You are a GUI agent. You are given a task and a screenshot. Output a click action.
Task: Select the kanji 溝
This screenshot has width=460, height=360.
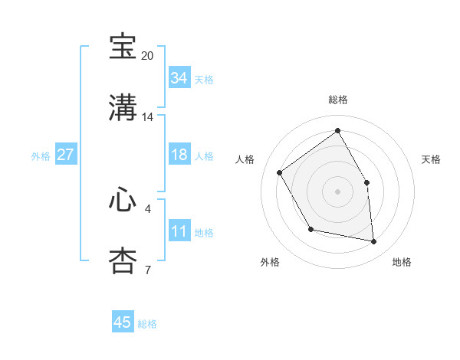coord(123,108)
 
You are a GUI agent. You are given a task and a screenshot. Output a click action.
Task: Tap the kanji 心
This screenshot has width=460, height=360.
coord(123,199)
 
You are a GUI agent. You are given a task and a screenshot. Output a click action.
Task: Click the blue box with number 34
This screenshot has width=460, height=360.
coord(179,78)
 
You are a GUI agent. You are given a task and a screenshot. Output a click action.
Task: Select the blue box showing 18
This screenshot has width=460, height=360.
coord(179,155)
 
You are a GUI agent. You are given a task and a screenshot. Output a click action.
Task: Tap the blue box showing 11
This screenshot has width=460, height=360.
coord(179,231)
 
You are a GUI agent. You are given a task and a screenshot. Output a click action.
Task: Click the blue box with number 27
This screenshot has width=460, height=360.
coord(66,155)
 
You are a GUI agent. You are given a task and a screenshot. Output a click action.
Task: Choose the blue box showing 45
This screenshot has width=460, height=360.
coord(123,322)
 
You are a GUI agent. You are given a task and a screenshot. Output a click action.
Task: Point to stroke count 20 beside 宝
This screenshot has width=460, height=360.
coord(148,56)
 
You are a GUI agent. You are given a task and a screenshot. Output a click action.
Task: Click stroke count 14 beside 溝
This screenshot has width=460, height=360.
coord(148,117)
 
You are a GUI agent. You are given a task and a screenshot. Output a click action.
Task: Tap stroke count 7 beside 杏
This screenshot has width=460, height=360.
coord(148,270)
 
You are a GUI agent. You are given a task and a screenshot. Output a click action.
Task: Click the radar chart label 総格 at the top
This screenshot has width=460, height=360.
coord(338,100)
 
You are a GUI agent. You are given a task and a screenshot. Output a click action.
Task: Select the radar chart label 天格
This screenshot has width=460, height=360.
coord(431,159)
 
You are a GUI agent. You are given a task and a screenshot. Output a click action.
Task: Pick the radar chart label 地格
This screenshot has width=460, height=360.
coord(402,262)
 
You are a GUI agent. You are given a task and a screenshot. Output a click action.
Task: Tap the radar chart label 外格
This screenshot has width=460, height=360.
coord(270,262)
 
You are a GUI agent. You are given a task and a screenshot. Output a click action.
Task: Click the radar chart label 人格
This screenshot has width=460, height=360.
coord(245,159)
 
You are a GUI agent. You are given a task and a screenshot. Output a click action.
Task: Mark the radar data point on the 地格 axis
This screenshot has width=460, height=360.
coord(374,242)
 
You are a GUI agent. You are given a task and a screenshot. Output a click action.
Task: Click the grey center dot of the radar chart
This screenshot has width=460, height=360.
coord(337,191)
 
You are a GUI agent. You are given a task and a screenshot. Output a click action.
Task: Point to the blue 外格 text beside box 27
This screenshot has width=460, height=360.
coord(41,155)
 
